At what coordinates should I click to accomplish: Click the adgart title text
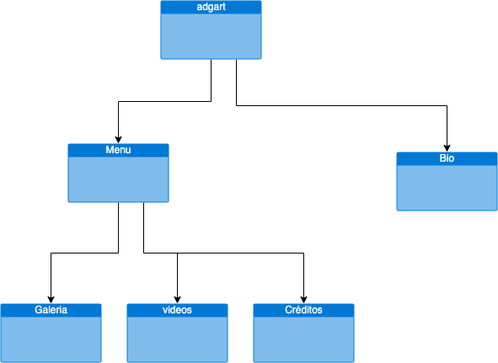(x=211, y=7)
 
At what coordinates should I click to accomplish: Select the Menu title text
(x=118, y=150)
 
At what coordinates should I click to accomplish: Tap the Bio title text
(x=447, y=158)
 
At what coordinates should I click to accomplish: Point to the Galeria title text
(x=51, y=310)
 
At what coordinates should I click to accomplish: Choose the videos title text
(x=177, y=310)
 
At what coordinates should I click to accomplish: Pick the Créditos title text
(x=303, y=310)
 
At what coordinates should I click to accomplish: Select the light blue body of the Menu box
(x=118, y=179)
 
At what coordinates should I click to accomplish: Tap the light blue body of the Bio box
(x=447, y=187)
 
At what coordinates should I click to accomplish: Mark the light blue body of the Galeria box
(x=51, y=339)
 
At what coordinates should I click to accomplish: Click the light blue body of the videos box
(x=177, y=339)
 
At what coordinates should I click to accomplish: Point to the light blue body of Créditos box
(x=303, y=339)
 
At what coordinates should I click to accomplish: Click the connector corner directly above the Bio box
(x=447, y=105)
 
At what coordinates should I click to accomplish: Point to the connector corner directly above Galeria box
(x=51, y=253)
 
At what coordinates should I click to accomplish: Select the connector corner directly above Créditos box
(x=303, y=253)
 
